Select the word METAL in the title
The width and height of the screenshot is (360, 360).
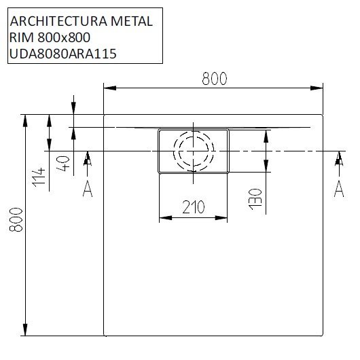tap(134, 21)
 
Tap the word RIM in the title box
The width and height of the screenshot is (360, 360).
tap(20, 37)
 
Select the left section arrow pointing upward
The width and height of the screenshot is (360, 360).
tap(88, 160)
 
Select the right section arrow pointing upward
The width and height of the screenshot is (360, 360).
tap(338, 160)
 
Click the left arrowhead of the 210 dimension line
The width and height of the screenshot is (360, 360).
tap(163, 219)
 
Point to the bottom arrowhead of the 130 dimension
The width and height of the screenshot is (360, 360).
tap(265, 168)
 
